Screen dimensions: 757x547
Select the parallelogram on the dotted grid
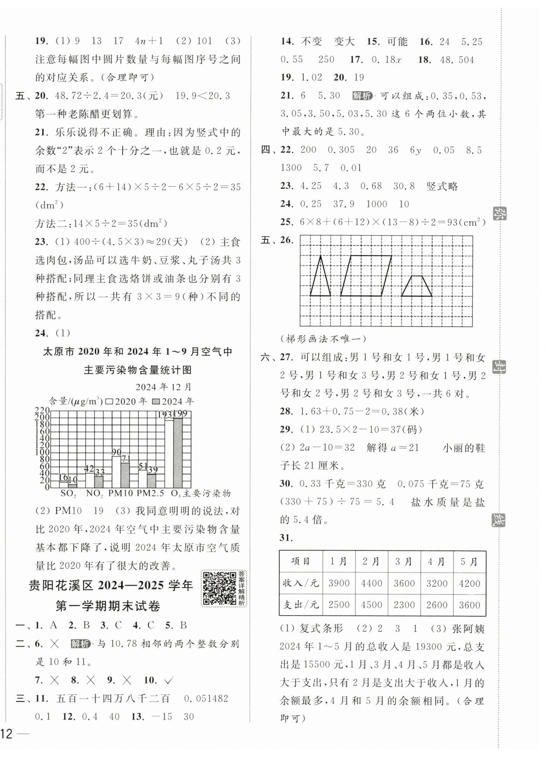[366, 276]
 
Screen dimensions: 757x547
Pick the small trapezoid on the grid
[416, 287]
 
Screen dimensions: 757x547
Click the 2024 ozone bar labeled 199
[178, 452]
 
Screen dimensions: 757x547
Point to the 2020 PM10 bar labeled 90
[116, 472]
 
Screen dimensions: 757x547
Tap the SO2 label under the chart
[68, 494]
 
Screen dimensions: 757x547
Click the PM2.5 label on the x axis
[150, 493]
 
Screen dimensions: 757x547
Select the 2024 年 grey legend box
[156, 401]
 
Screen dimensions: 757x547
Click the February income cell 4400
[371, 583]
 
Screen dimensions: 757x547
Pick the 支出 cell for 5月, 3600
[469, 605]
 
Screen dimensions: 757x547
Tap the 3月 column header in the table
[404, 562]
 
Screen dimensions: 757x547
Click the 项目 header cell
[301, 562]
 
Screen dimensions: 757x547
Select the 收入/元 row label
[301, 583]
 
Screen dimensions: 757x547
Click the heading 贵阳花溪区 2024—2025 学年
[111, 586]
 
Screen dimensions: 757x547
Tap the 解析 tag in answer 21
[362, 96]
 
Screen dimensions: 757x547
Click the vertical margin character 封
[498, 364]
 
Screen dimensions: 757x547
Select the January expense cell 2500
[339, 605]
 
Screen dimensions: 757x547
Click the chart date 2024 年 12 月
[164, 387]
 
